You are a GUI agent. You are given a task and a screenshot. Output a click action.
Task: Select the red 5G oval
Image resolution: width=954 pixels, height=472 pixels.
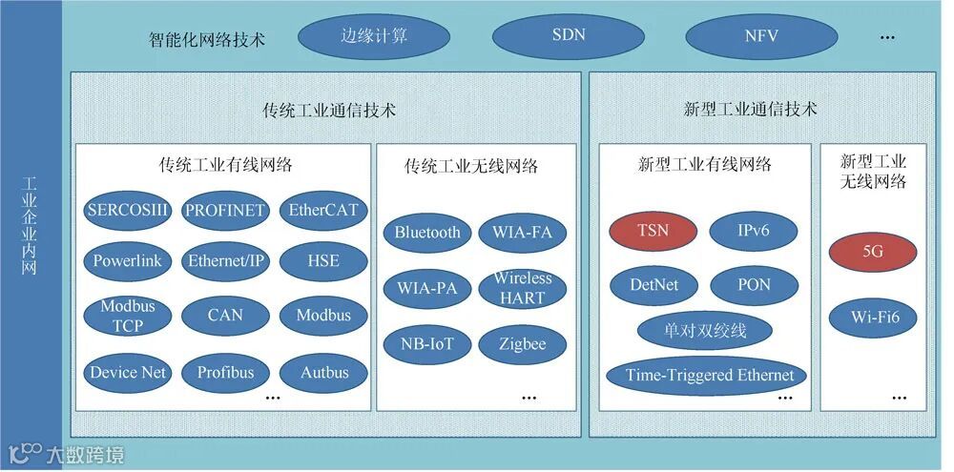872,252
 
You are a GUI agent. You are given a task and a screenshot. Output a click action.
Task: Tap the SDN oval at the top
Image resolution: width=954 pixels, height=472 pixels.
569,37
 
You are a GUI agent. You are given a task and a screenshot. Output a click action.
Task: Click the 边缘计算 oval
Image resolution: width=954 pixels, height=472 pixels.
374,37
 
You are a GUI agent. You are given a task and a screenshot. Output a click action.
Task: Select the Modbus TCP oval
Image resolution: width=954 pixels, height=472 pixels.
127,316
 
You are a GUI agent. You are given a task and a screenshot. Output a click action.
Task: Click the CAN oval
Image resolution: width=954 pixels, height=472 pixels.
225,315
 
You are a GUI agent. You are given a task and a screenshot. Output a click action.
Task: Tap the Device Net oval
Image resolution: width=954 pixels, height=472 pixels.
127,372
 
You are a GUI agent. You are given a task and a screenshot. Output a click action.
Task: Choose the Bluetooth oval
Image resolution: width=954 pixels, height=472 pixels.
426,232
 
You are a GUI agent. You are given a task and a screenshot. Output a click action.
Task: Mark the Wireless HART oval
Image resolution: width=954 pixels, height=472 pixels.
523,287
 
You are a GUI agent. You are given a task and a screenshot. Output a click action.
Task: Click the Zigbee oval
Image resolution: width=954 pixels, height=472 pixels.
523,343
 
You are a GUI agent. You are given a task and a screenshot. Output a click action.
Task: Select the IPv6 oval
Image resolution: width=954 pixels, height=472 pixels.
754,232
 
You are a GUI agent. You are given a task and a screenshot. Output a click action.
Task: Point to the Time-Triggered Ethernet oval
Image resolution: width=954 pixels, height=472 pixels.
709,375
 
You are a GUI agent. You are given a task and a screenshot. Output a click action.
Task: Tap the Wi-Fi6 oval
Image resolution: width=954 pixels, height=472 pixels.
872,316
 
